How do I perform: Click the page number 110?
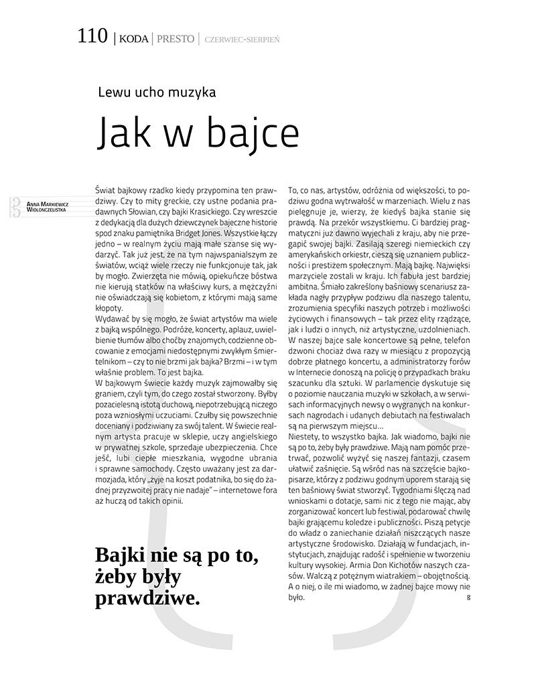point(92,36)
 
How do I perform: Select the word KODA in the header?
point(133,39)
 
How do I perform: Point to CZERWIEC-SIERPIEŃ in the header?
point(242,40)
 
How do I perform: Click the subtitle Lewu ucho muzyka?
point(157,93)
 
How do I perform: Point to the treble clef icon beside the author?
point(13,207)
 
